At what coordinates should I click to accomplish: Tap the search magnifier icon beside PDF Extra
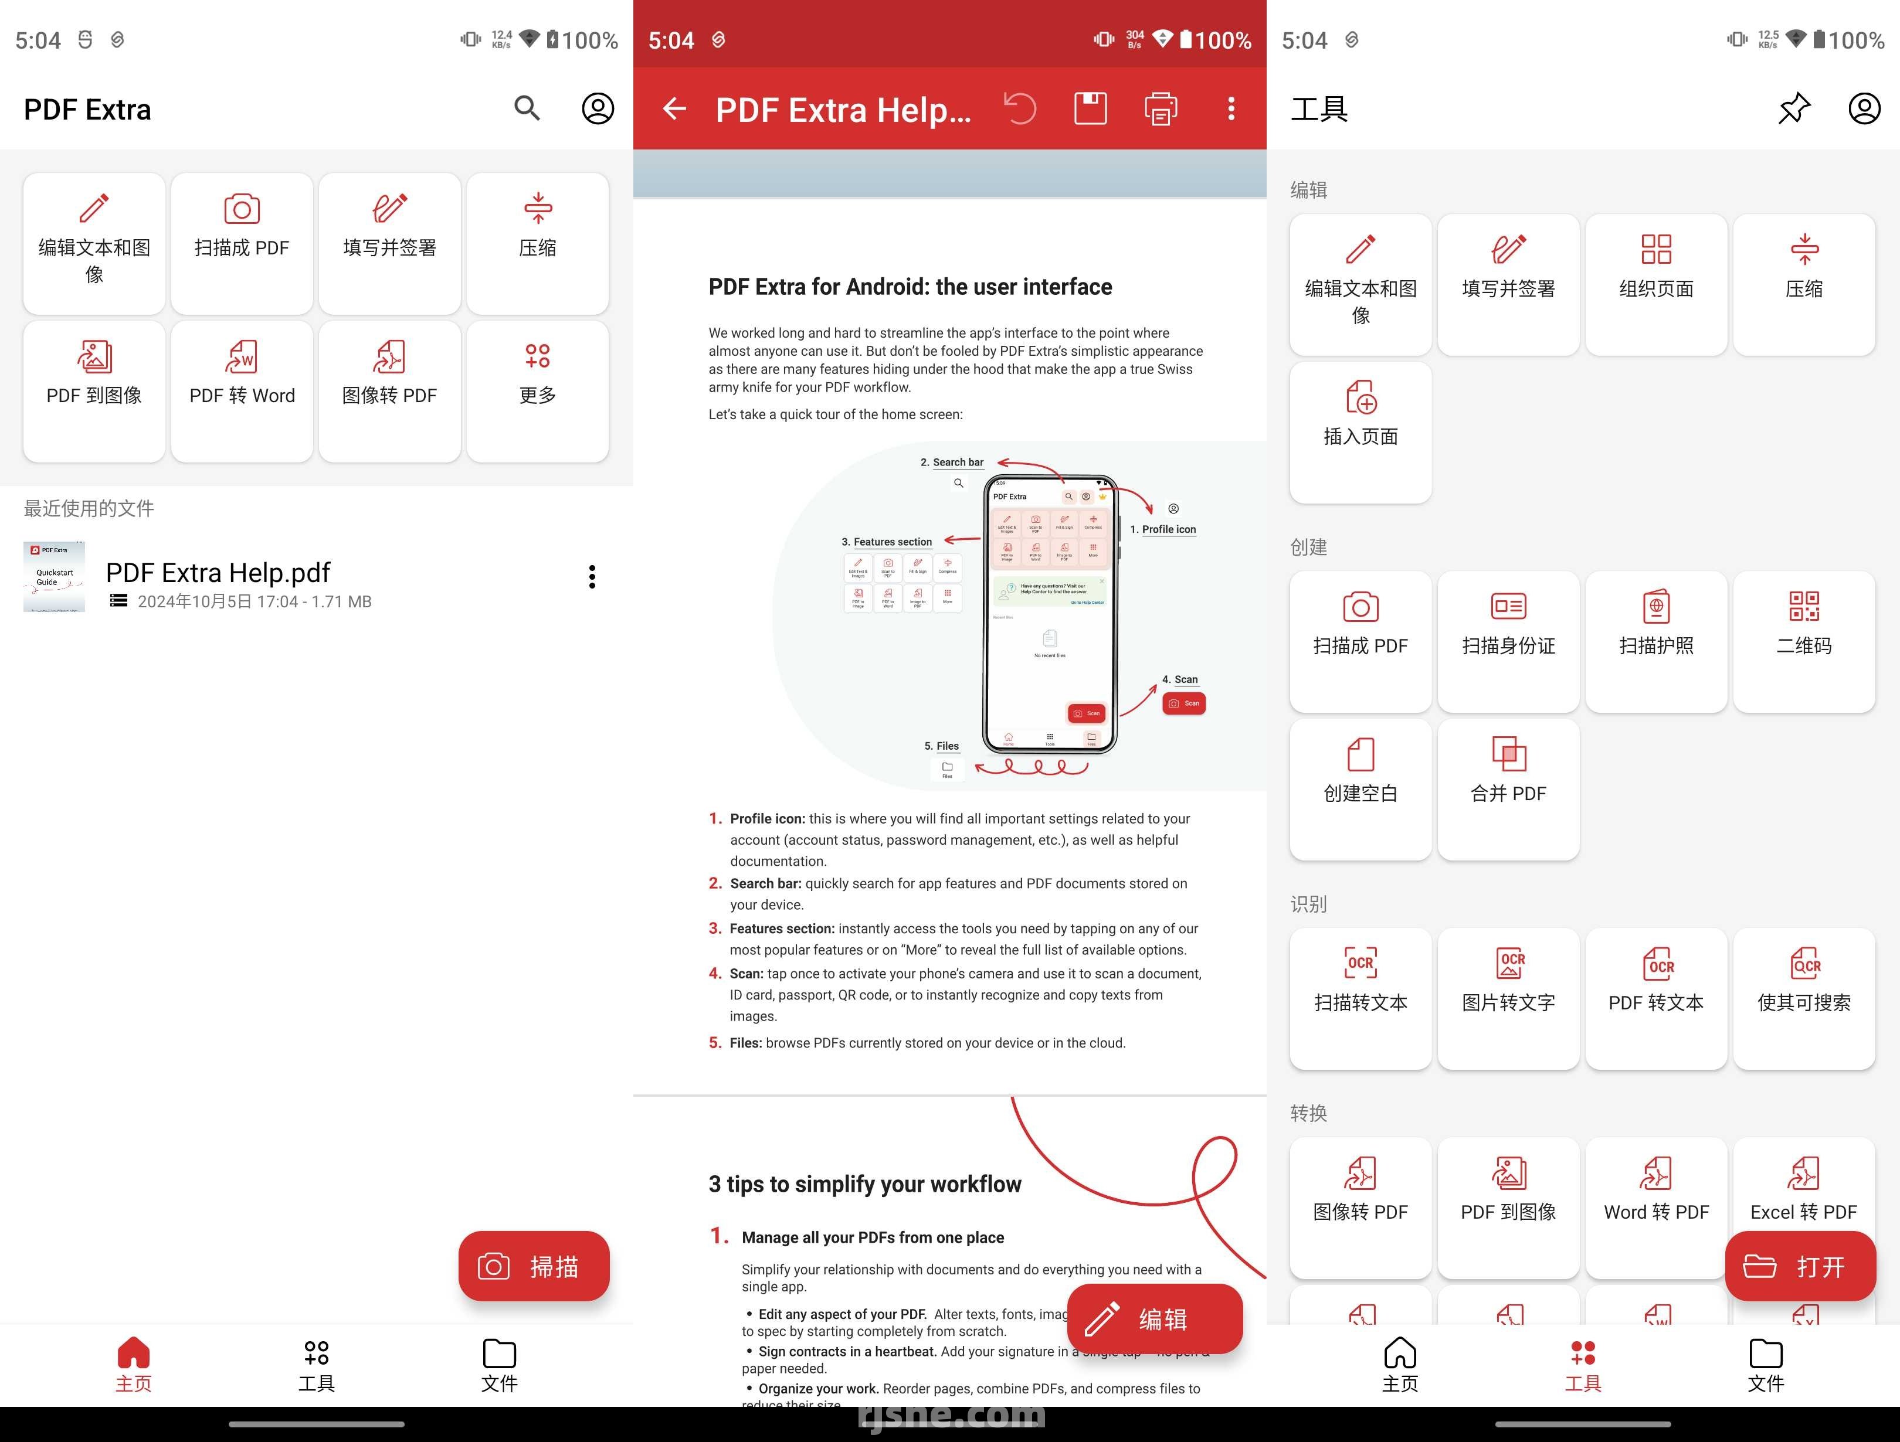click(x=527, y=108)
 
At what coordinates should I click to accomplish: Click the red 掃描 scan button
click(x=534, y=1266)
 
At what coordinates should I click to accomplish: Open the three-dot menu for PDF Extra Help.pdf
click(x=592, y=577)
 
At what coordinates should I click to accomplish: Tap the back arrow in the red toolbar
click(x=674, y=108)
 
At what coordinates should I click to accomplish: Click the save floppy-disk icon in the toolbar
click(x=1090, y=108)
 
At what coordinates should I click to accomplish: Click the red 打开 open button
click(x=1800, y=1266)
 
